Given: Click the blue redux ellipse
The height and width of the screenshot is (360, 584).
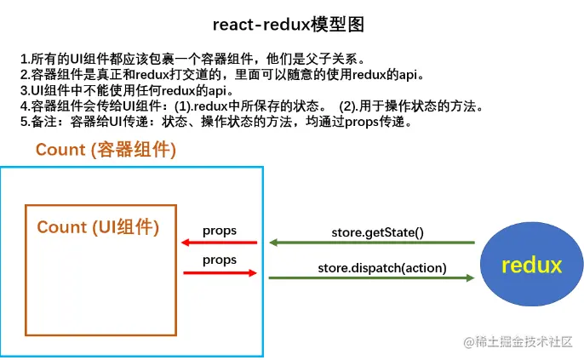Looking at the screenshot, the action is [x=531, y=265].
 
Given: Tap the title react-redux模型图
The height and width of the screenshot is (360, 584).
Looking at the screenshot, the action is [x=289, y=25].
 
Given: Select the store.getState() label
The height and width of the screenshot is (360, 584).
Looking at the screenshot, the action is [x=378, y=232].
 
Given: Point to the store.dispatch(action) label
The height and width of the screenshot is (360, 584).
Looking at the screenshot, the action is [x=382, y=268].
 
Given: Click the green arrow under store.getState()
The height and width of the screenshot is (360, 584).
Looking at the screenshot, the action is [x=372, y=243].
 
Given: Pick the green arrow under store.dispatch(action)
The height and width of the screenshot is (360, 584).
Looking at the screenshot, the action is [x=371, y=277].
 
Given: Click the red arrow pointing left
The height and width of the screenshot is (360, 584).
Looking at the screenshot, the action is [x=219, y=243].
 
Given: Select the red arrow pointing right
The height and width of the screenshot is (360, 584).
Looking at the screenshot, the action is [x=220, y=273].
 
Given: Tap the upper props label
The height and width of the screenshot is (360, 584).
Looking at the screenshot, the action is [x=220, y=231].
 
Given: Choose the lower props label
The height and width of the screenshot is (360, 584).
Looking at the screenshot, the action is [x=220, y=260].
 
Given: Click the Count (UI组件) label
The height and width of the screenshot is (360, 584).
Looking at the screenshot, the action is [x=98, y=227].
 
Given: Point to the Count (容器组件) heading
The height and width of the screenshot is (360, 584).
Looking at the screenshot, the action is [x=106, y=150].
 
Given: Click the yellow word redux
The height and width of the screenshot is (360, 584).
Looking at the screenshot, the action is [x=531, y=265].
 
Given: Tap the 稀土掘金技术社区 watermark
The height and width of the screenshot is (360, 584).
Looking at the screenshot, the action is [x=518, y=341].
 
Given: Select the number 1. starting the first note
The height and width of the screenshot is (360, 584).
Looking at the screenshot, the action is [x=25, y=59].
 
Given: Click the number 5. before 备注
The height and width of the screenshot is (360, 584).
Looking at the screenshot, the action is [x=26, y=122].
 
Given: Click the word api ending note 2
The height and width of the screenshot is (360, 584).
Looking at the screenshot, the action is [x=408, y=75].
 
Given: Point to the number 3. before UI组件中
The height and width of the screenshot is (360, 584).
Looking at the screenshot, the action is [x=26, y=90].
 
